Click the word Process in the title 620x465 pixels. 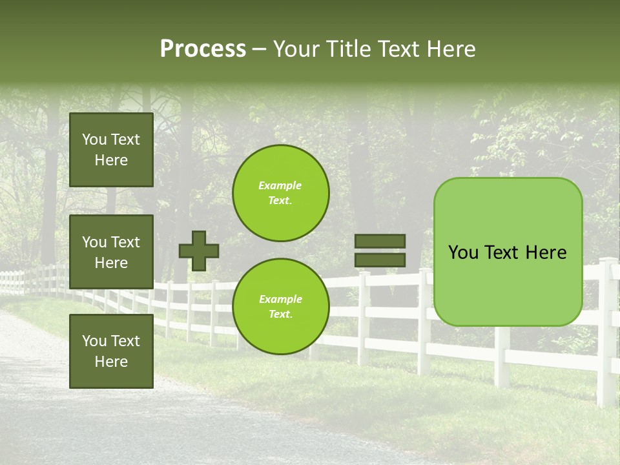pyautogui.click(x=203, y=49)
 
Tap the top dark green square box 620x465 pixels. pyautogui.click(x=111, y=150)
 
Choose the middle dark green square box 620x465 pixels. pyautogui.click(x=111, y=252)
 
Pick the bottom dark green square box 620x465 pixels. pyautogui.click(x=111, y=351)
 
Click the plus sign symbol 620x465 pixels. pyautogui.click(x=198, y=251)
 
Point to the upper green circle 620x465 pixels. pyautogui.click(x=280, y=192)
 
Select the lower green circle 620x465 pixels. pyautogui.click(x=280, y=306)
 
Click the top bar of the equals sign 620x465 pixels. pyautogui.click(x=380, y=242)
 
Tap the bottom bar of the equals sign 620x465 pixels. pyautogui.click(x=380, y=260)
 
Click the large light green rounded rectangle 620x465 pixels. pyautogui.click(x=508, y=284)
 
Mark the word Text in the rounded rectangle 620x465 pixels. pyautogui.click(x=508, y=253)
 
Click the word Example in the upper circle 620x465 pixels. pyautogui.click(x=280, y=186)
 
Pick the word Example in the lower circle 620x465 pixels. pyautogui.click(x=280, y=300)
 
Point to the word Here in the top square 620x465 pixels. pyautogui.click(x=111, y=160)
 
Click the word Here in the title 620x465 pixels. pyautogui.click(x=452, y=49)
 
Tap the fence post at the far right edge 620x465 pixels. pyautogui.click(x=606, y=336)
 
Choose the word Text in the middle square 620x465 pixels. pyautogui.click(x=125, y=242)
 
